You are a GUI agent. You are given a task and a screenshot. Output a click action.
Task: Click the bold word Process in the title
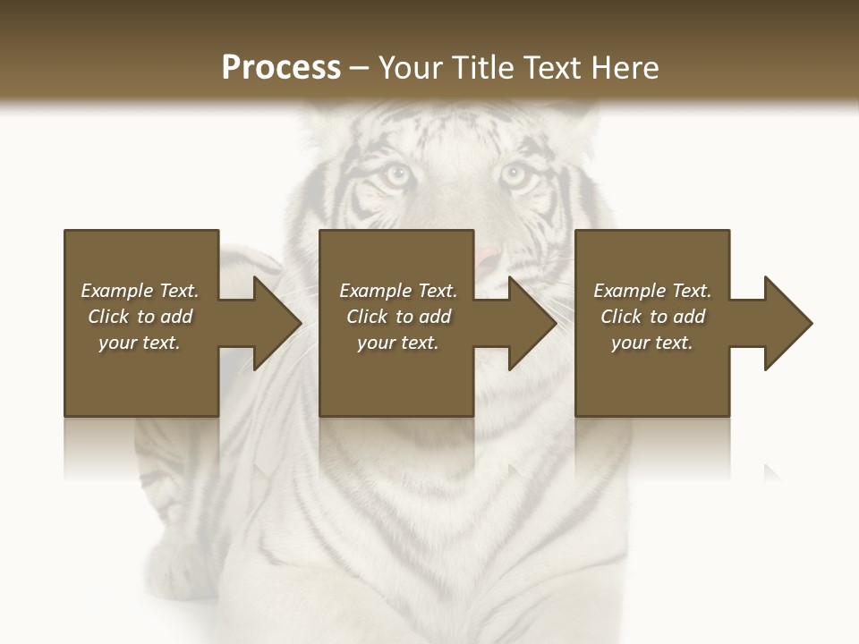click(x=281, y=68)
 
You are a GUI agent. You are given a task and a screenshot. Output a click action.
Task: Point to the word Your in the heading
click(x=410, y=68)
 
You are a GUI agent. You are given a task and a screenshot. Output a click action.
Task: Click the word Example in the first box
click(x=117, y=291)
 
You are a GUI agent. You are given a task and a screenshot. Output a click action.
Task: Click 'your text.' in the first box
click(x=140, y=343)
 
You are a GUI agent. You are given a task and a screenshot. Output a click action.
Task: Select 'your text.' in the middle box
click(x=398, y=343)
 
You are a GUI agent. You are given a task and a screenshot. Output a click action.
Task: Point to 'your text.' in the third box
click(x=652, y=343)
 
